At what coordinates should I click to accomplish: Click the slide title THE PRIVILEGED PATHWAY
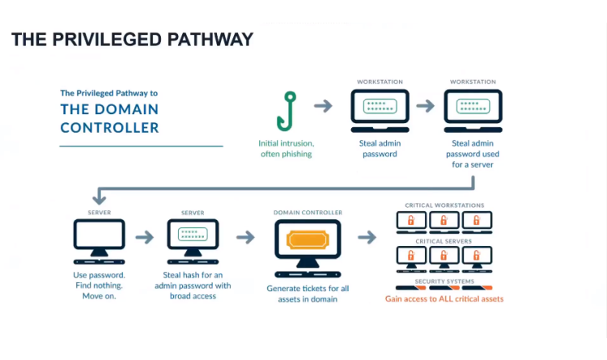tap(132, 39)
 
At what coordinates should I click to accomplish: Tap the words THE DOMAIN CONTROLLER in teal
tap(109, 118)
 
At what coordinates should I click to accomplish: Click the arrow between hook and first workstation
tap(323, 106)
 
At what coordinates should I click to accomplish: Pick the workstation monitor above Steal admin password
tap(380, 111)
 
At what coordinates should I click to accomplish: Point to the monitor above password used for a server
tap(473, 111)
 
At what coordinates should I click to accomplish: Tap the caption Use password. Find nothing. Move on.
tap(100, 285)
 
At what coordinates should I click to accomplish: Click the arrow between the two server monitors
tap(145, 237)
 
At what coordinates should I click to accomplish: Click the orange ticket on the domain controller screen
tap(308, 239)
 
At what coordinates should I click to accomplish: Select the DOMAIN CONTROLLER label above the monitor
tap(308, 213)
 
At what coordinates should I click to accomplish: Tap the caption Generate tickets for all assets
tap(308, 294)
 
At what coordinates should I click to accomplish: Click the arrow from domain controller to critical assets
tap(367, 237)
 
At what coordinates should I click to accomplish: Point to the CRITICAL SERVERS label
tap(444, 241)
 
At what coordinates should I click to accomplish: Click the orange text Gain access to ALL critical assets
tap(444, 299)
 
